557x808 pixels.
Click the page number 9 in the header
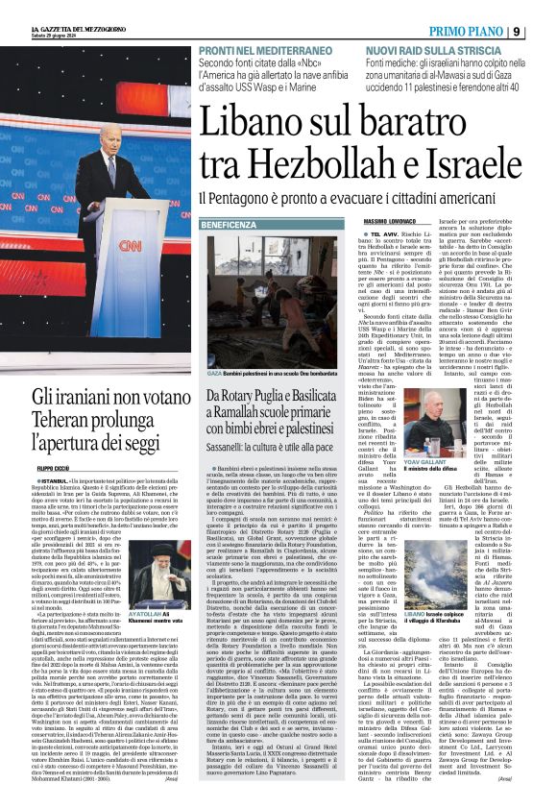[545, 32]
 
